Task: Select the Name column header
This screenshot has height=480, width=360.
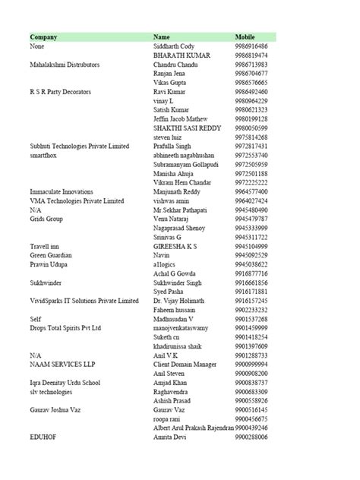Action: [161, 36]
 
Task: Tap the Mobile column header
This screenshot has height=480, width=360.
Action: [246, 36]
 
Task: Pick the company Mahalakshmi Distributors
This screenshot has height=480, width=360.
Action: [65, 65]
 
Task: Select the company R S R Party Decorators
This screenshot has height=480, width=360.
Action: [60, 91]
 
